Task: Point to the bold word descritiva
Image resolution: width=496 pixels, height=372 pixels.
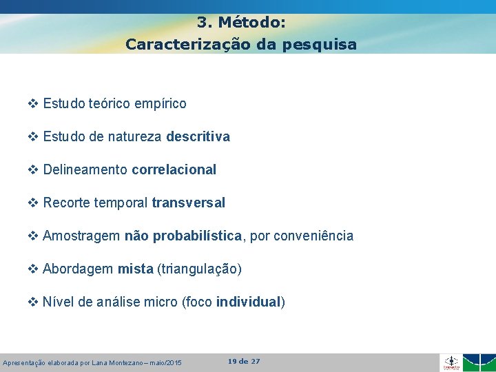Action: pyautogui.click(x=198, y=136)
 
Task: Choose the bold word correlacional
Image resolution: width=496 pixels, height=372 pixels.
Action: pyautogui.click(x=174, y=169)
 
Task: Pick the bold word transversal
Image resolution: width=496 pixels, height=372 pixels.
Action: pyautogui.click(x=188, y=203)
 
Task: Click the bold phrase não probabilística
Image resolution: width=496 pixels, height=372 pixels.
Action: pyautogui.click(x=183, y=236)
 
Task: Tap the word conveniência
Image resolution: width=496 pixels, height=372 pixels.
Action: pyautogui.click(x=313, y=236)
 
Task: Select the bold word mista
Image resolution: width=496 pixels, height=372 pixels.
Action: pyautogui.click(x=135, y=269)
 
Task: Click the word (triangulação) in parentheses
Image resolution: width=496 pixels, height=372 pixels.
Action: pyautogui.click(x=199, y=269)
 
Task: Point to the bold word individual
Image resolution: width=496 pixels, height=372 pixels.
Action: pyautogui.click(x=248, y=302)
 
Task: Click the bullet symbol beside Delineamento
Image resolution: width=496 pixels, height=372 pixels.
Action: pyautogui.click(x=33, y=169)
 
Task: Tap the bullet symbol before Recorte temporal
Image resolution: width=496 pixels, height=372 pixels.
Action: pyautogui.click(x=33, y=203)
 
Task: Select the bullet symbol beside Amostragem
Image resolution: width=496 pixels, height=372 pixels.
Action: pyautogui.click(x=33, y=236)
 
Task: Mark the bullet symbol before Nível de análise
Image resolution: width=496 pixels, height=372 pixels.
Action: pyautogui.click(x=33, y=302)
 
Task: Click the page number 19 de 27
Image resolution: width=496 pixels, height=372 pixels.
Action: pyautogui.click(x=244, y=361)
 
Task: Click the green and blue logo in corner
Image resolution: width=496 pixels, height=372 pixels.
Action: pyautogui.click(x=479, y=362)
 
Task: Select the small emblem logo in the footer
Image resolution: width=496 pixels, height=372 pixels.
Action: pyautogui.click(x=451, y=362)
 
